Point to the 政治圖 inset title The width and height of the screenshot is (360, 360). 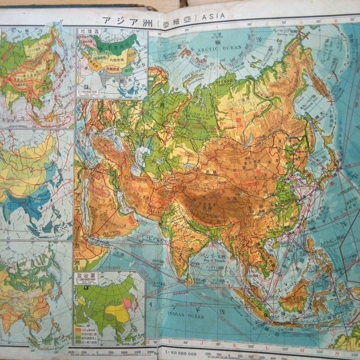tap(85, 275)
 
